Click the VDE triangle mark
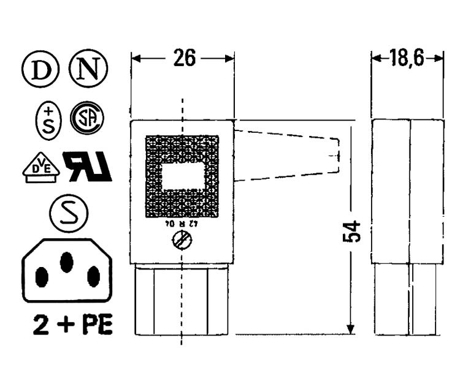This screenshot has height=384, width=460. pyautogui.click(x=41, y=167)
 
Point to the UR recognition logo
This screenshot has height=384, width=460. pyautogui.click(x=88, y=167)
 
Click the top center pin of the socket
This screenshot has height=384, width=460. pyautogui.click(x=66, y=262)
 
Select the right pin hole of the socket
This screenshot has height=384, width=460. pyautogui.click(x=93, y=277)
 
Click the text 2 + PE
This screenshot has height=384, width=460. pyautogui.click(x=72, y=325)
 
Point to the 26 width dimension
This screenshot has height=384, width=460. pyautogui.click(x=183, y=58)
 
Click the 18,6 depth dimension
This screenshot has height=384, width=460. pyautogui.click(x=408, y=58)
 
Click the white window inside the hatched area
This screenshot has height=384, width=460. pyautogui.click(x=182, y=178)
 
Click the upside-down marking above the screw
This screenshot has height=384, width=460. pyautogui.click(x=181, y=224)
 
